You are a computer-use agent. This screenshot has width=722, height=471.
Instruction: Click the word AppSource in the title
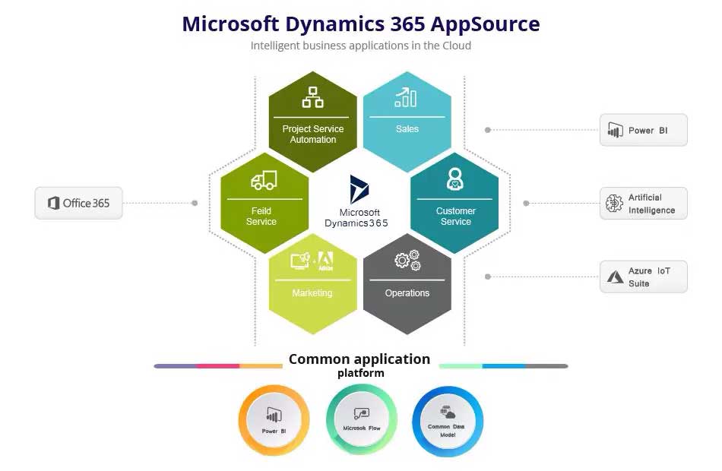(x=485, y=25)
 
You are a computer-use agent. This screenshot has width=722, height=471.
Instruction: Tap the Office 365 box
(x=79, y=203)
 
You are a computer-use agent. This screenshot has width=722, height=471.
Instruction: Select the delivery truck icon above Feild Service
(x=264, y=181)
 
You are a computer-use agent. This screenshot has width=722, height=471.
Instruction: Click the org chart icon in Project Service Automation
(x=312, y=97)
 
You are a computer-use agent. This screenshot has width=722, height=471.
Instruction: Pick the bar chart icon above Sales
(x=406, y=97)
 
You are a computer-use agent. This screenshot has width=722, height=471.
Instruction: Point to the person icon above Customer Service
(x=455, y=179)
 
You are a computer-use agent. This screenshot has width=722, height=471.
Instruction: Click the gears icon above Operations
(x=407, y=260)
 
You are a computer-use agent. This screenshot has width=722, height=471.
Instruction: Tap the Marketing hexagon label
(x=312, y=292)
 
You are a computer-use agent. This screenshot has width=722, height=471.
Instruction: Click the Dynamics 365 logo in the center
(x=359, y=189)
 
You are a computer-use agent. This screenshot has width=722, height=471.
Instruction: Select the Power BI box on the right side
(x=643, y=131)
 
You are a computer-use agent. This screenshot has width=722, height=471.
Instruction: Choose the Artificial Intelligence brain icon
(x=614, y=203)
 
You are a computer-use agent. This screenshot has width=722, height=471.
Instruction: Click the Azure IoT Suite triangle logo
(x=615, y=277)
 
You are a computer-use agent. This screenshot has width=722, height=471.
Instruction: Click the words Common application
(x=359, y=359)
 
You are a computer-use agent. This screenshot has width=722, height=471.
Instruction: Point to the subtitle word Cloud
(x=457, y=46)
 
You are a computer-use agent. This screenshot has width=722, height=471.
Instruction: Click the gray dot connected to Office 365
(x=195, y=203)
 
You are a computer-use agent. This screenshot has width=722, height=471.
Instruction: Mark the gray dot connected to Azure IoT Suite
(x=488, y=277)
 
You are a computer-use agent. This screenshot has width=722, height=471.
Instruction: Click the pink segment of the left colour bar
(x=218, y=366)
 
